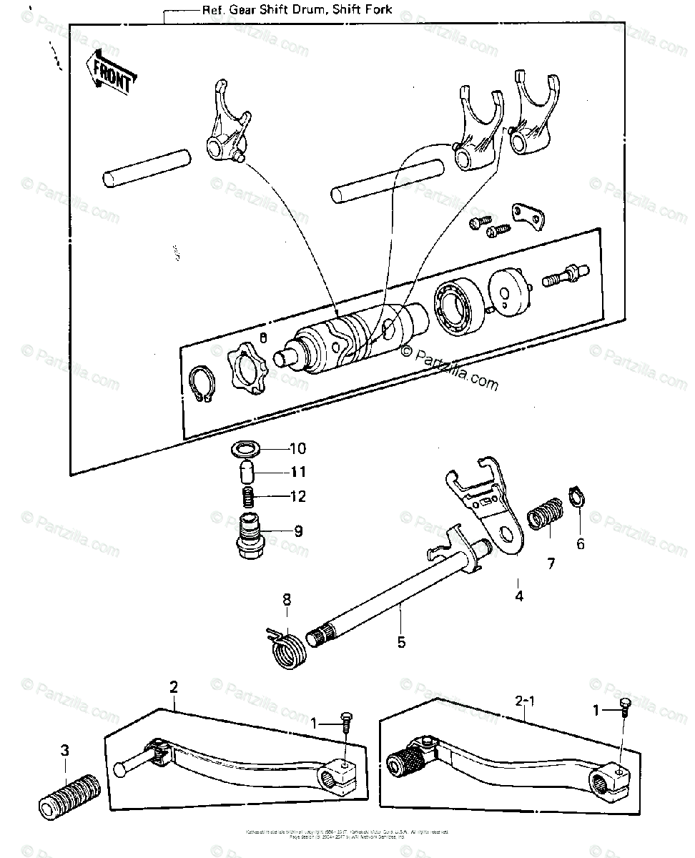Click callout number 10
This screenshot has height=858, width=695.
[x=297, y=449]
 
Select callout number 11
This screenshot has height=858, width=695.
[x=297, y=472]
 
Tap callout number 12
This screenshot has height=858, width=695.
[x=297, y=495]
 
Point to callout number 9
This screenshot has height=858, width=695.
[x=297, y=531]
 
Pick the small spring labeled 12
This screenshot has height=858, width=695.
[x=246, y=495]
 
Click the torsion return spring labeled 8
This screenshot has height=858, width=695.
[x=290, y=645]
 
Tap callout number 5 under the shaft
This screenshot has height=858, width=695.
[x=401, y=641]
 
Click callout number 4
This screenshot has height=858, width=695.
[x=519, y=596]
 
